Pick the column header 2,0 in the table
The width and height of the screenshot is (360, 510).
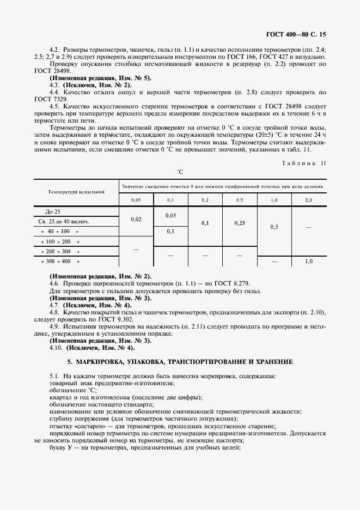(308, 200)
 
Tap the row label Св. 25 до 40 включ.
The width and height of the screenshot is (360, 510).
(64, 221)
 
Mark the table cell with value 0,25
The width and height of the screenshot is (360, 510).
(239, 223)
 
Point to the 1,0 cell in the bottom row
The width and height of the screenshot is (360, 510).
(308, 262)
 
